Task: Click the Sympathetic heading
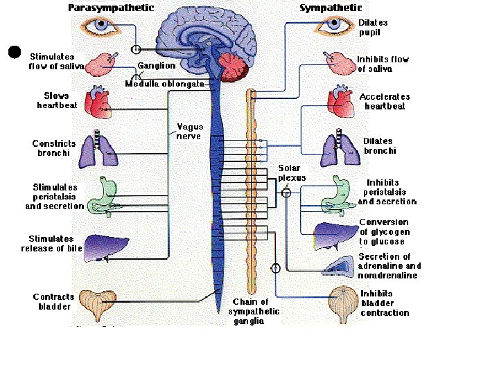tap(331, 8)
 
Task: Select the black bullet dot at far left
tap(13, 52)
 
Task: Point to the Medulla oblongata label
tap(165, 84)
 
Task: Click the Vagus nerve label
tap(189, 132)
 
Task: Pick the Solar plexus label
tap(292, 172)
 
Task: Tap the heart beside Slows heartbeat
tap(97, 101)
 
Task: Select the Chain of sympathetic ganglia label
tap(250, 312)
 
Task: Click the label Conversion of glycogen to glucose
tap(384, 232)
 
